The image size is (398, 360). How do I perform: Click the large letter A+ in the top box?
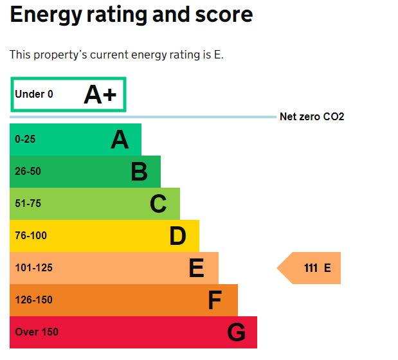pos(100,94)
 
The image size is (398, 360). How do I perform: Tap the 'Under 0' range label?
pos(34,94)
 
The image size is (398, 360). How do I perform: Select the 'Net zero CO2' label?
pos(312,117)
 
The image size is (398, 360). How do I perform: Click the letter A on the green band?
pos(120,139)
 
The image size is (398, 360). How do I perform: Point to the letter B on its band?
pos(139,172)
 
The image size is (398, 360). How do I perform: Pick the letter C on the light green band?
pos(158,204)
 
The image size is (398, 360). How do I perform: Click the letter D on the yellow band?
pos(177,236)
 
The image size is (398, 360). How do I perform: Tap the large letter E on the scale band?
pos(196,268)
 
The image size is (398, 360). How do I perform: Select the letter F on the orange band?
pos(215,300)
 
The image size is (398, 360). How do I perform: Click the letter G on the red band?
pos(236,332)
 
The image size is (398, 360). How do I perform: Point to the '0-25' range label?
pos(26,139)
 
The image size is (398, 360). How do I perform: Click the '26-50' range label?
pos(28,172)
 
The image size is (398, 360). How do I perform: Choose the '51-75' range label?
pos(28,204)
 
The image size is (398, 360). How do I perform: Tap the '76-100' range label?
pos(31,236)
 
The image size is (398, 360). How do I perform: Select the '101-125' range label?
pos(33,268)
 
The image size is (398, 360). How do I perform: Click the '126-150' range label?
pos(33,300)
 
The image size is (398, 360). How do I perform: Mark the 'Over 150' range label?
pos(37,332)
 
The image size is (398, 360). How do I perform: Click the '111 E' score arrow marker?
pos(311,268)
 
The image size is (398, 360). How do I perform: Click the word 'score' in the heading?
pos(218,14)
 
